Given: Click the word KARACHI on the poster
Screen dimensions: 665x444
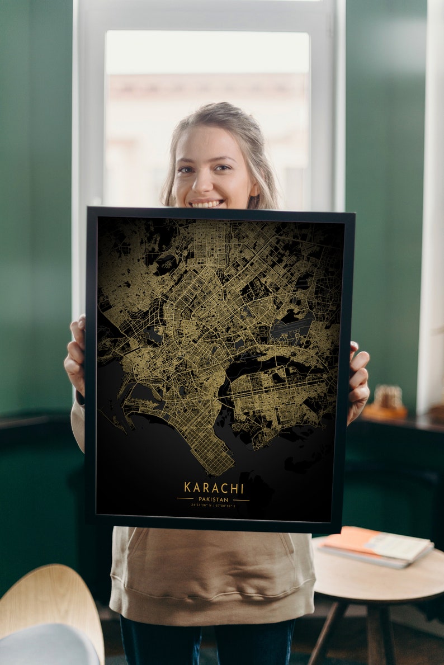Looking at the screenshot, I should [x=214, y=487].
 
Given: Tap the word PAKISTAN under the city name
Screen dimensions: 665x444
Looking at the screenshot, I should [x=214, y=499].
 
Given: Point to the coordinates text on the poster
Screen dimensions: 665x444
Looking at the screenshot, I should [x=213, y=506].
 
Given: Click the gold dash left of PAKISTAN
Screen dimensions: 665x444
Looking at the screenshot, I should [x=185, y=498].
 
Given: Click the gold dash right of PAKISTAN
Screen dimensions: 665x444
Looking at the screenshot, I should [x=242, y=499].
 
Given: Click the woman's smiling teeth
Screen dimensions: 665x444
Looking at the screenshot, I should [x=207, y=204].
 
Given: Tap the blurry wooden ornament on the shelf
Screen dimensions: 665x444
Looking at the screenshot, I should [x=388, y=398].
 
